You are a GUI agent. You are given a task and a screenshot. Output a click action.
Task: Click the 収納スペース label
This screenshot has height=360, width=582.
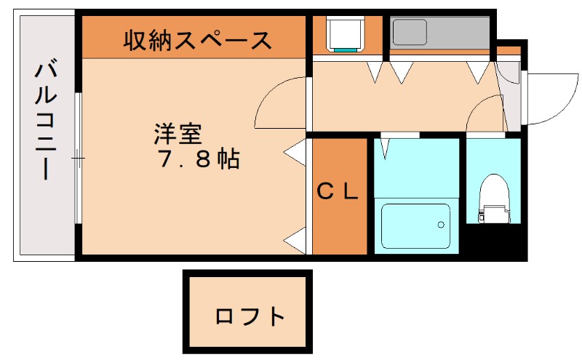click(x=197, y=40)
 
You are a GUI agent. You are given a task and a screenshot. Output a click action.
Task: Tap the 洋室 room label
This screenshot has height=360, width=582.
click(x=177, y=135)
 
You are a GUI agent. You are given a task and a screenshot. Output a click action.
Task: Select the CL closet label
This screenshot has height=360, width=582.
click(x=339, y=192)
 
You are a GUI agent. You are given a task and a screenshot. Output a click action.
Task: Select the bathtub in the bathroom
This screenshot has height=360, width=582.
click(x=416, y=226)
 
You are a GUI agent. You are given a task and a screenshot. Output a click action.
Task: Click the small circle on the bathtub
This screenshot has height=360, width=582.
click(x=440, y=225)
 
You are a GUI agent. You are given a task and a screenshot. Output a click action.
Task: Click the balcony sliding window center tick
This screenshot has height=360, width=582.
click(x=78, y=157)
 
